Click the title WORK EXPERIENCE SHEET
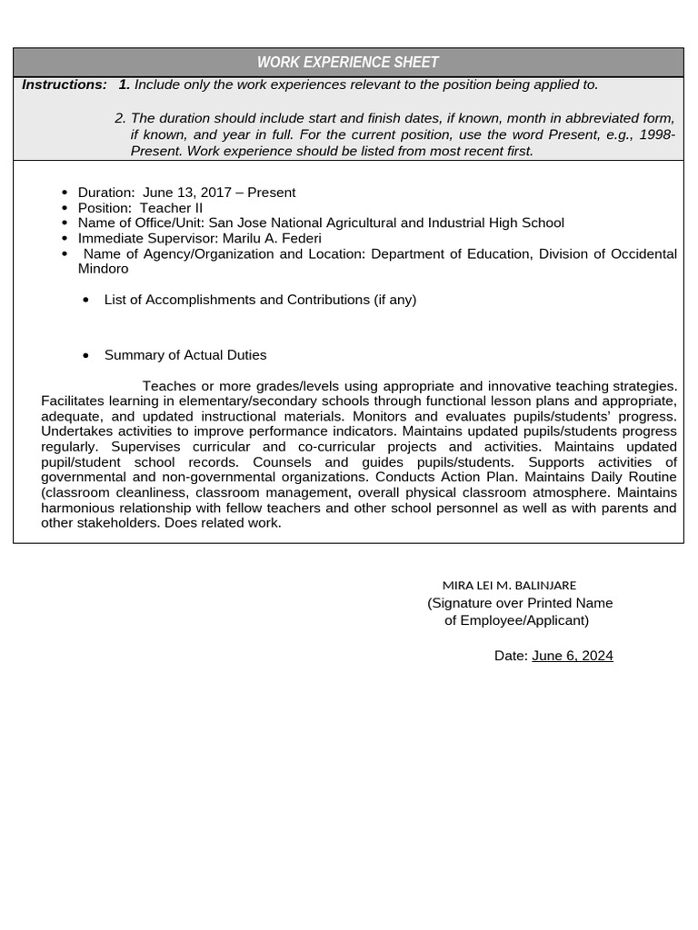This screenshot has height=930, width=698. click(348, 63)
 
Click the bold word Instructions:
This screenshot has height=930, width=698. click(65, 84)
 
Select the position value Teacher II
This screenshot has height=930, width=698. click(172, 208)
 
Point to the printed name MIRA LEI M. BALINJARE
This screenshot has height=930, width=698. click(509, 586)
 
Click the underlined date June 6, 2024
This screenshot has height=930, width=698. click(572, 656)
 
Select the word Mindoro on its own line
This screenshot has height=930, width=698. click(103, 269)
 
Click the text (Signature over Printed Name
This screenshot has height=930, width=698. click(520, 603)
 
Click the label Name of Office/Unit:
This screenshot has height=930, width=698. click(142, 223)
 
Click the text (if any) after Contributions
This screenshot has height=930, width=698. click(394, 300)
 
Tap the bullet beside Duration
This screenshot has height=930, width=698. click(65, 193)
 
